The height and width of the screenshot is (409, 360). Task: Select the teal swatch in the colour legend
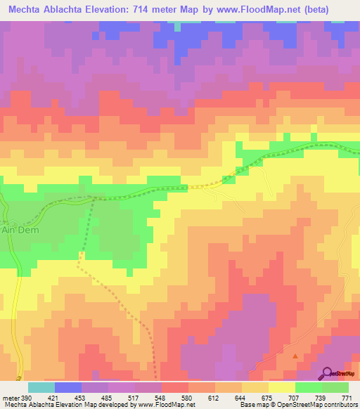pos(41,387)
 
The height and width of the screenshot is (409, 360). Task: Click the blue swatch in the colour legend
pos(67,387)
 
